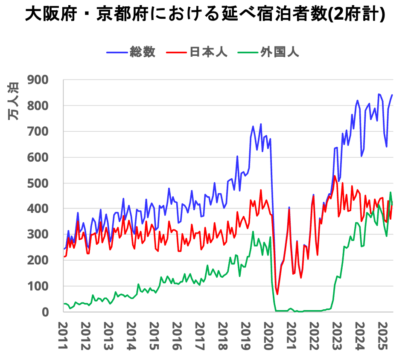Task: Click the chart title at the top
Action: (205, 15)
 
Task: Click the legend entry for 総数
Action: (143, 52)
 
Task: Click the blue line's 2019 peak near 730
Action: (261, 124)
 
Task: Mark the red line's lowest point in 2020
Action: (277, 294)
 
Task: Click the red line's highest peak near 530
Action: (335, 176)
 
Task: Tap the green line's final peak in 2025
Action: (390, 192)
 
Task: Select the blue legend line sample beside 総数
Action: (117, 52)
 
